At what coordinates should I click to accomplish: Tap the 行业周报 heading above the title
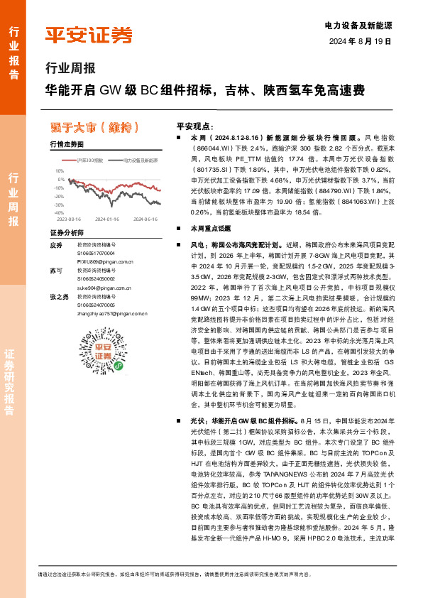tap(69, 69)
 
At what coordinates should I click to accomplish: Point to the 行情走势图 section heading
tap(67, 145)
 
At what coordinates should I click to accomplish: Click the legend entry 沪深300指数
tap(91, 161)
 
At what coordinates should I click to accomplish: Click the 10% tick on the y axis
tap(60, 171)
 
